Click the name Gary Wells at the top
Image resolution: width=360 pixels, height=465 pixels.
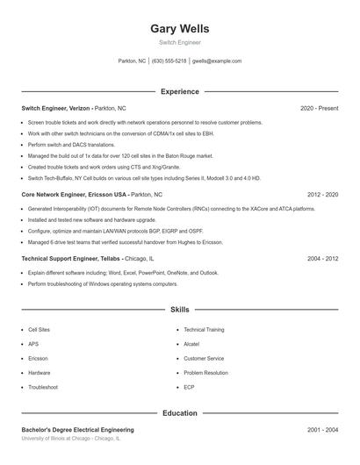pyautogui.click(x=180, y=28)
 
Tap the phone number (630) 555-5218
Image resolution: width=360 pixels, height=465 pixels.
pyautogui.click(x=169, y=61)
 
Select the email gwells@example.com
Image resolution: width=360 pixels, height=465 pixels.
pyautogui.click(x=217, y=61)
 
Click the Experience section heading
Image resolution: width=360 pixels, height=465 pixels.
pyautogui.click(x=180, y=91)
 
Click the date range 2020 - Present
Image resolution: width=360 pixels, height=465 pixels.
pyautogui.click(x=319, y=108)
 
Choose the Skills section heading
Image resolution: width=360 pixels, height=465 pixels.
pyautogui.click(x=180, y=310)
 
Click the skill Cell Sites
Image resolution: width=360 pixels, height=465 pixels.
pyautogui.click(x=39, y=329)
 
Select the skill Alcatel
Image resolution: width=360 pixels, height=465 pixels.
pyautogui.click(x=191, y=344)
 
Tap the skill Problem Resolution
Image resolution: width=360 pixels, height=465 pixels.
pyautogui.click(x=205, y=372)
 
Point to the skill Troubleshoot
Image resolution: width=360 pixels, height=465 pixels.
pyautogui.click(x=43, y=387)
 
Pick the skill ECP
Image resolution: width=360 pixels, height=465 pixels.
pyautogui.click(x=189, y=387)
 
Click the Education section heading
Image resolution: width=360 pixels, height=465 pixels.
pyautogui.click(x=180, y=412)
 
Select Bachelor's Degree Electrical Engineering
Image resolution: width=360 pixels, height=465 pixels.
pyautogui.click(x=77, y=430)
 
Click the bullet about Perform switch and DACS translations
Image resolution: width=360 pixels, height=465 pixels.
pyautogui.click(x=71, y=144)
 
